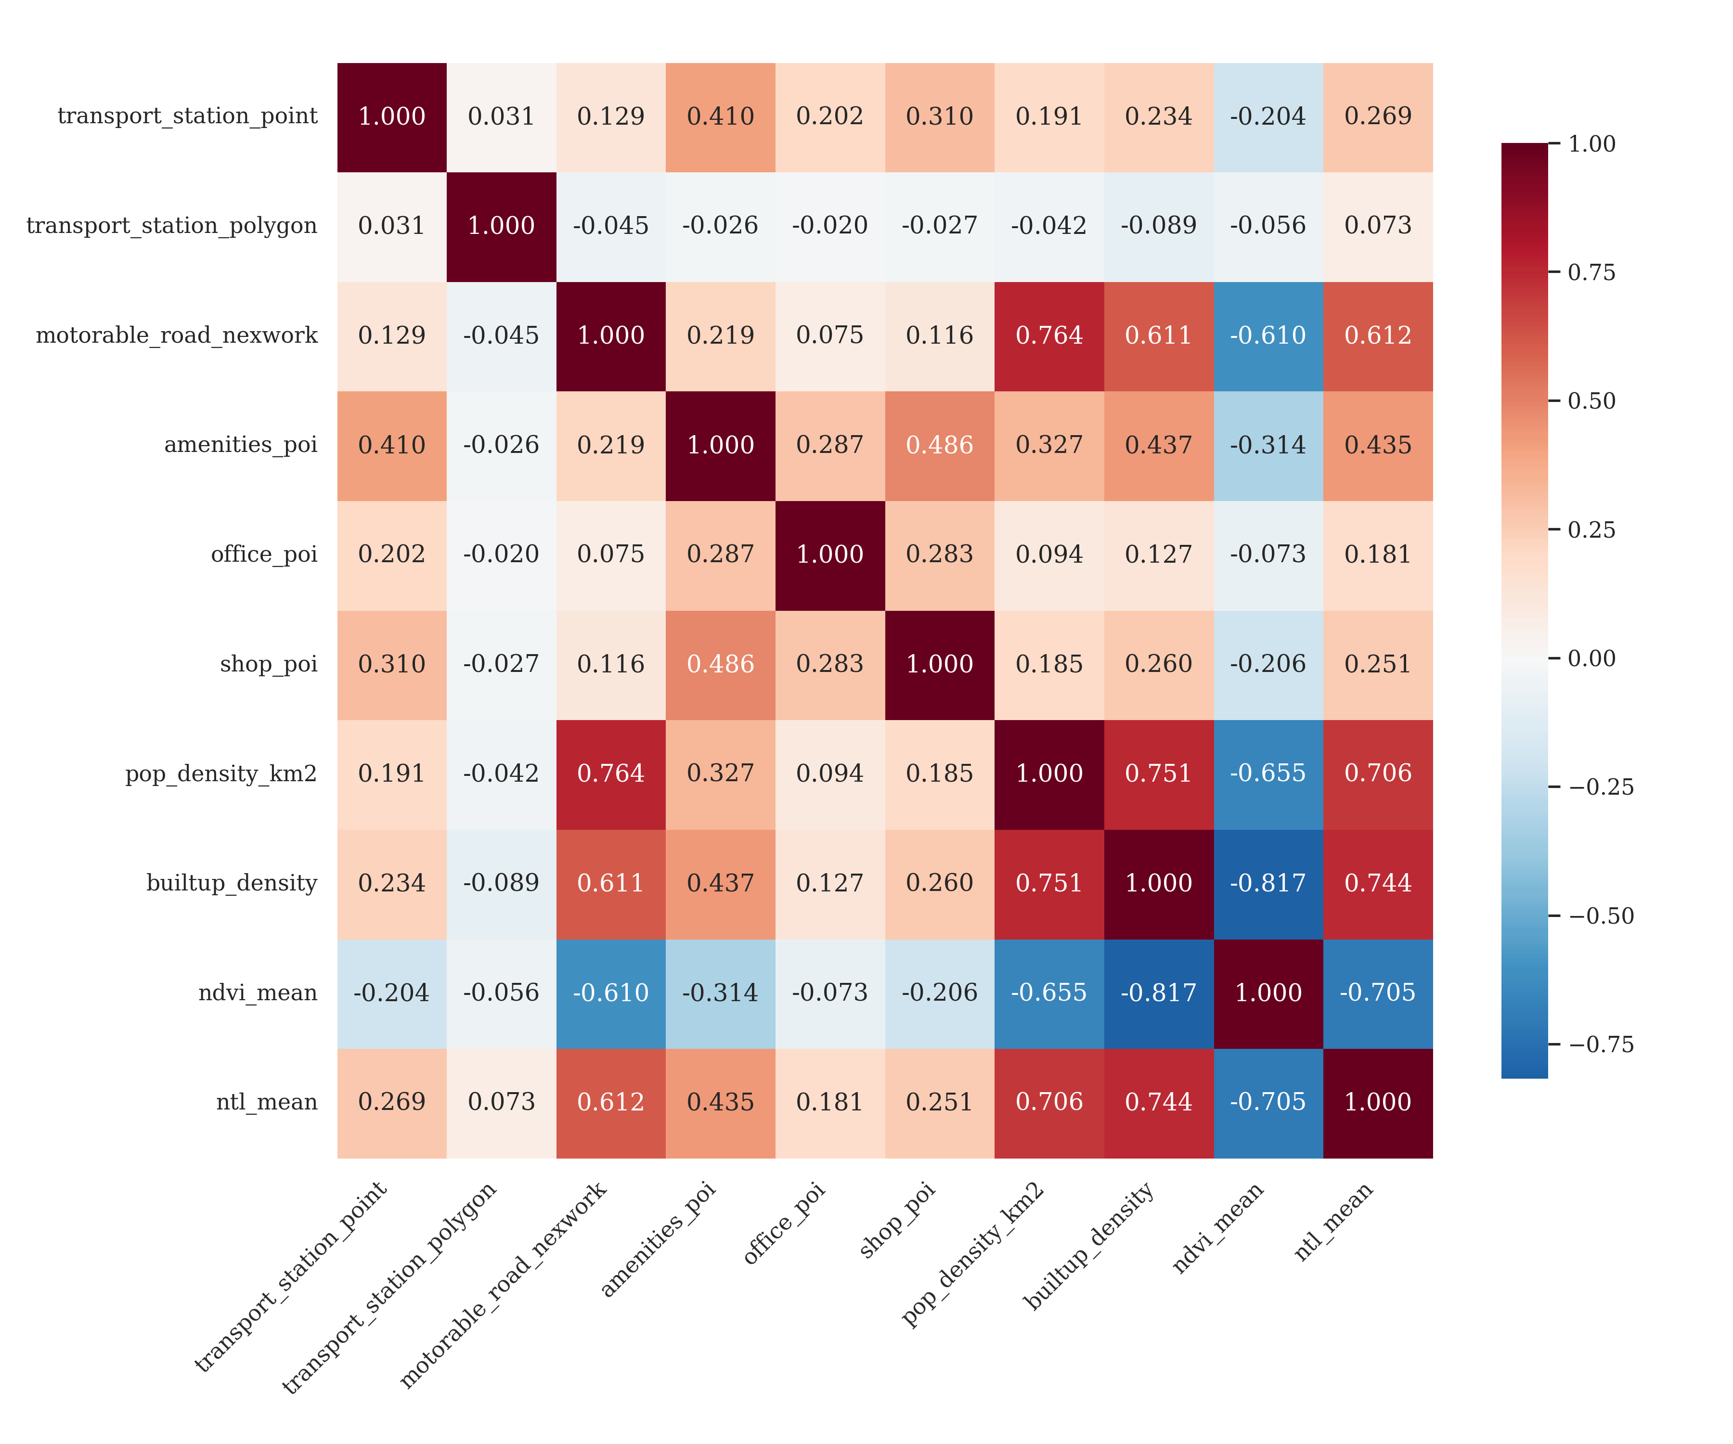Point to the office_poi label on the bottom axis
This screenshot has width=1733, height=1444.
(x=784, y=1224)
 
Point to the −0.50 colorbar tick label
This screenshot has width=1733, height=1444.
(x=1601, y=916)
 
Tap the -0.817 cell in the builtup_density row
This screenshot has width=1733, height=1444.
(x=1268, y=884)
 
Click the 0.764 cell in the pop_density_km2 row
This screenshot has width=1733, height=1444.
(x=611, y=774)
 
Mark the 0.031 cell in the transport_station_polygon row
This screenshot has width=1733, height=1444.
(x=392, y=226)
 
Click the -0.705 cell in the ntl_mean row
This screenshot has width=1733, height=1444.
(x=1268, y=1102)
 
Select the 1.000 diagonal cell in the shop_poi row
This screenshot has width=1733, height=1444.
(x=940, y=664)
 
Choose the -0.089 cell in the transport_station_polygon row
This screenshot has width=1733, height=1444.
(x=1159, y=226)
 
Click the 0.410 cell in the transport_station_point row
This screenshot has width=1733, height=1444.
(x=721, y=116)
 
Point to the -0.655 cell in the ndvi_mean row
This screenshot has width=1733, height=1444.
(x=1049, y=993)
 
